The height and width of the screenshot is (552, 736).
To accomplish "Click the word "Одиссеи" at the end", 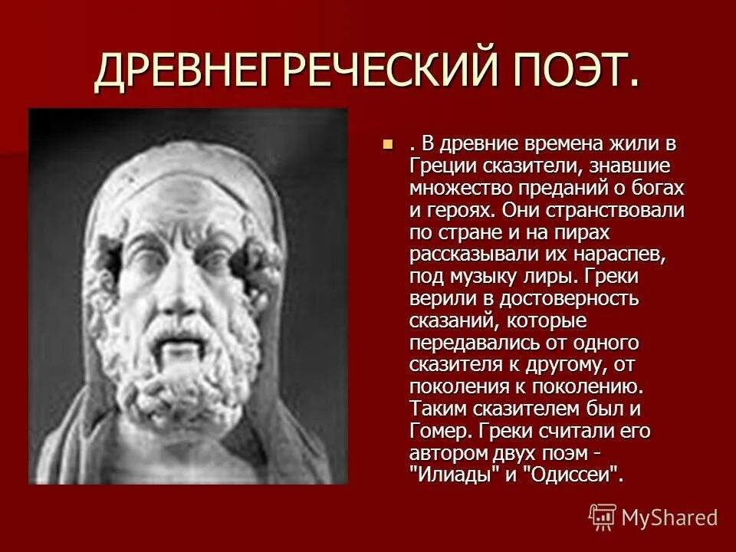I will click(570, 474).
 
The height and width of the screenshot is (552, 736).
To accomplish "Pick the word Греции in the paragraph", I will click(439, 166).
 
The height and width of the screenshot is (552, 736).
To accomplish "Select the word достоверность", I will click(568, 297).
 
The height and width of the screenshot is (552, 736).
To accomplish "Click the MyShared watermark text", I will click(669, 517).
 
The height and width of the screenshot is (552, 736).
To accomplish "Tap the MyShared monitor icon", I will click(603, 516).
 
